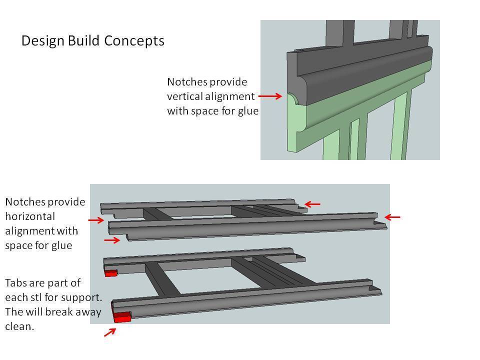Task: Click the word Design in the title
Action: click(41, 41)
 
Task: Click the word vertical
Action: click(185, 96)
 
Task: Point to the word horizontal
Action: click(30, 216)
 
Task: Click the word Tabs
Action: click(18, 283)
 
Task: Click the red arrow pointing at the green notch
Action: click(270, 96)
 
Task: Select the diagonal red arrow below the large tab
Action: click(109, 332)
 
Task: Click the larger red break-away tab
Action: click(122, 316)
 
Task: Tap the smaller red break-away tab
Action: click(110, 273)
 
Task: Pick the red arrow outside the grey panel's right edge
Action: click(392, 217)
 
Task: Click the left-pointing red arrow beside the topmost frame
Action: click(313, 204)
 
